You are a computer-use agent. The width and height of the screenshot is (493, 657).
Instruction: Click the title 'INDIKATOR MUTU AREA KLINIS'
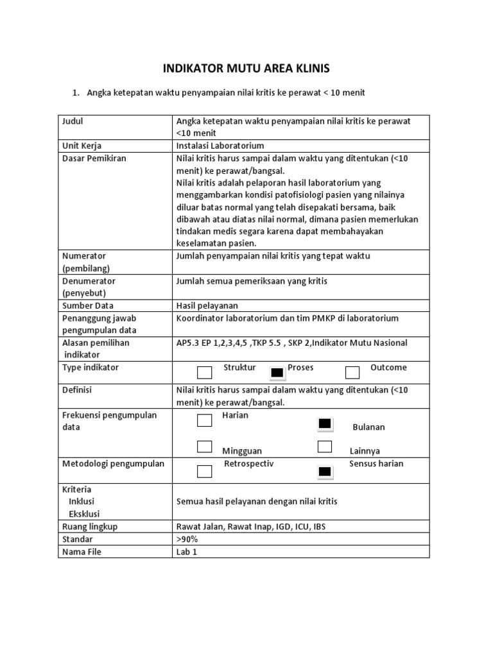pyautogui.click(x=246, y=69)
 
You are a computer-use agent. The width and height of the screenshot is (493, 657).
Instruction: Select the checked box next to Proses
pyautogui.click(x=277, y=373)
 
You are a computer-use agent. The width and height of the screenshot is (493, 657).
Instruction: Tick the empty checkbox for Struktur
pyautogui.click(x=204, y=373)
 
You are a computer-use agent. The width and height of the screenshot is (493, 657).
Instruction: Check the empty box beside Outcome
pyautogui.click(x=352, y=373)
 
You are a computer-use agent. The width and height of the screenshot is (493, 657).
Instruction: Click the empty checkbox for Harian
pyautogui.click(x=204, y=420)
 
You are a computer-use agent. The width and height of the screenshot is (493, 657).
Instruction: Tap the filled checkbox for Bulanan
pyautogui.click(x=325, y=423)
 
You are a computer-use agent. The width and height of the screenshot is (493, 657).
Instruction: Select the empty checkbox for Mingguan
pyautogui.click(x=204, y=447)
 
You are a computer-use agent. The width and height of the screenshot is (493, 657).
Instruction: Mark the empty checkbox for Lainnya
pyautogui.click(x=325, y=447)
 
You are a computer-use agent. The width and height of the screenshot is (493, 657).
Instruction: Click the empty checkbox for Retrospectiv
pyautogui.click(x=204, y=472)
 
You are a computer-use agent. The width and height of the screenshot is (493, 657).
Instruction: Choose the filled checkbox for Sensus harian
pyautogui.click(x=325, y=472)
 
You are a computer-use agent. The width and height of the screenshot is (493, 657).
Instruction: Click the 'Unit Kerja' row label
pyautogui.click(x=82, y=146)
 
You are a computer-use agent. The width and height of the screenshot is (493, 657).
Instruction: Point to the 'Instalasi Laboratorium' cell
pyautogui.click(x=220, y=146)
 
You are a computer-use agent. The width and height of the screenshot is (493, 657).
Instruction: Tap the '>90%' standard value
pyautogui.click(x=187, y=539)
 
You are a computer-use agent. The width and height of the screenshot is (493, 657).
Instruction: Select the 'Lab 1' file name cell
pyautogui.click(x=186, y=552)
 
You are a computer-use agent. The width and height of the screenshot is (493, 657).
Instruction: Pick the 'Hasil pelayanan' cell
pyautogui.click(x=207, y=305)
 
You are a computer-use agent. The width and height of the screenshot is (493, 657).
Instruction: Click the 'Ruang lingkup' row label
pyautogui.click(x=90, y=527)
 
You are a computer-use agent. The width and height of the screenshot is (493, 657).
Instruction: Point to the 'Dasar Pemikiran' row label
pyautogui.click(x=94, y=158)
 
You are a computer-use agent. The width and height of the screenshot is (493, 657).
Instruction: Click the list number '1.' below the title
pyautogui.click(x=75, y=93)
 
